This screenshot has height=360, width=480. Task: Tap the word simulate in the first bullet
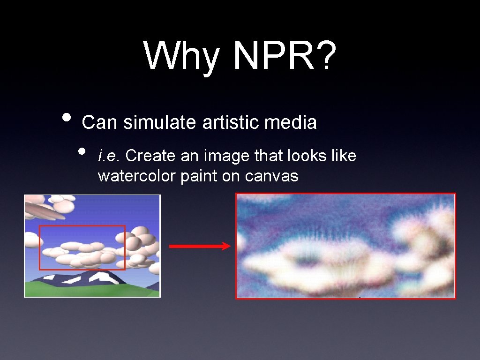pyautogui.click(x=162, y=123)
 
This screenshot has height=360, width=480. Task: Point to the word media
pyautogui.click(x=291, y=123)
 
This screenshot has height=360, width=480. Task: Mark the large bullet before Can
pyautogui.click(x=67, y=117)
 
